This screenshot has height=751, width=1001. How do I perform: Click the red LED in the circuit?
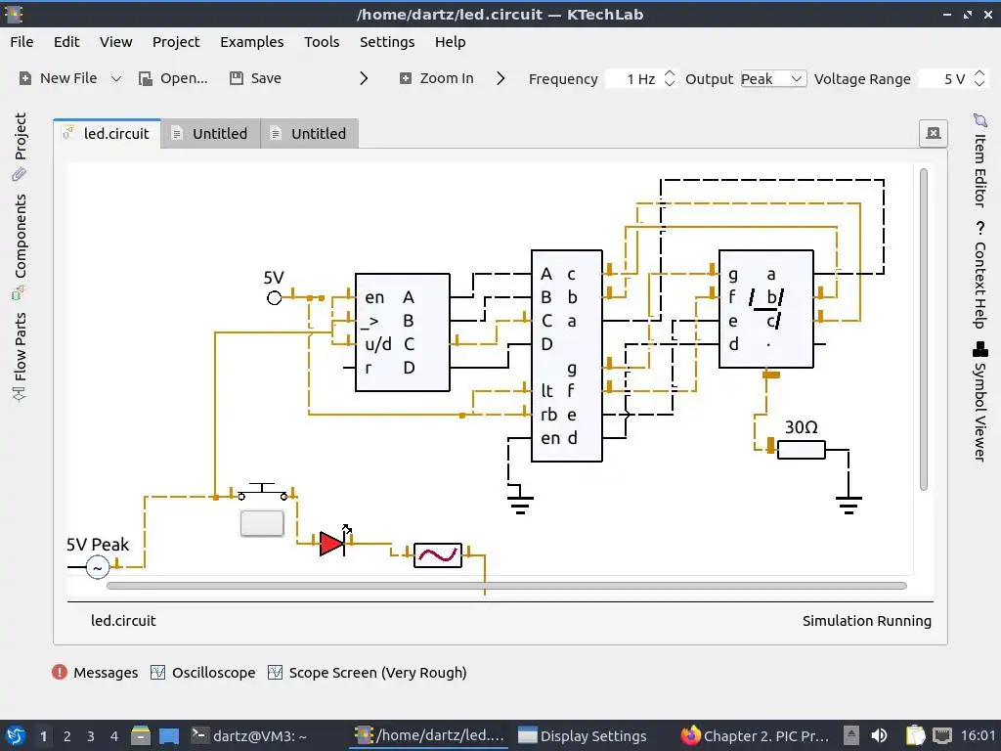tap(332, 543)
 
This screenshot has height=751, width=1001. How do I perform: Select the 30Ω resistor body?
tap(801, 450)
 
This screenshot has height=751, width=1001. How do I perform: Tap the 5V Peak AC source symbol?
tap(98, 567)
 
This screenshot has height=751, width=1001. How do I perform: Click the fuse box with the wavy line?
tap(437, 555)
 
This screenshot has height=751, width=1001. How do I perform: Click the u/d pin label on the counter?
tap(378, 344)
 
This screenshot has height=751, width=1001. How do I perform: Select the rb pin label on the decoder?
tap(548, 415)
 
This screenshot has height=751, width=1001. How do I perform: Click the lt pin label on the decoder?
tap(546, 391)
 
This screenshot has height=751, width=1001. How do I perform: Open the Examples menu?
tap(251, 42)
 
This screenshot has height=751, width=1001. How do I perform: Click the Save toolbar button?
tap(255, 78)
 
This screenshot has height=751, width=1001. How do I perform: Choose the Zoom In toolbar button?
tap(436, 78)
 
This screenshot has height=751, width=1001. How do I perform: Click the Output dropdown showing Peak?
tap(772, 79)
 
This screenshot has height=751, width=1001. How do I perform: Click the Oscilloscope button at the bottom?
tap(202, 673)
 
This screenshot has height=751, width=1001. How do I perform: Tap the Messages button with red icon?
tap(95, 673)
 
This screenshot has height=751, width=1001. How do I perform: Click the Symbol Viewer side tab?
tap(979, 401)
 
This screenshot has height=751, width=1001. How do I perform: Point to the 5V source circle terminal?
tap(275, 297)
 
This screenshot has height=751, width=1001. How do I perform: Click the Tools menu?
tap(322, 42)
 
